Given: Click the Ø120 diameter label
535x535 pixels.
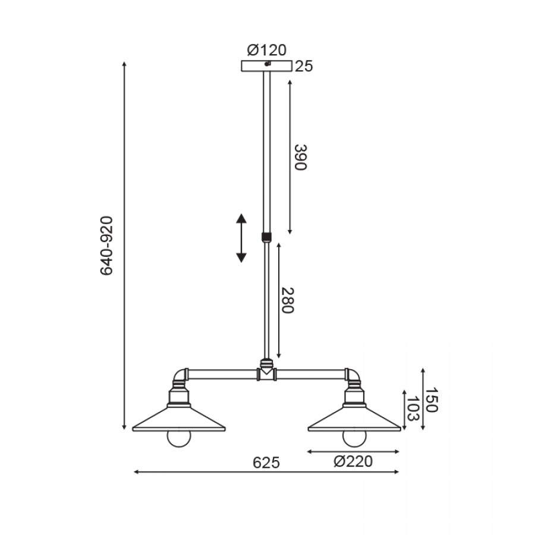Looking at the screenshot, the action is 266,50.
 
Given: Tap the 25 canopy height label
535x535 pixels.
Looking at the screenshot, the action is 304,66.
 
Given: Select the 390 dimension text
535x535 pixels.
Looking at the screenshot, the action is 301,158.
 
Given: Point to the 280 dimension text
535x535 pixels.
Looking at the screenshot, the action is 287,300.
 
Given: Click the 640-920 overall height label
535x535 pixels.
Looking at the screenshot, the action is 106,246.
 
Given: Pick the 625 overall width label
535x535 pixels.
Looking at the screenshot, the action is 266,462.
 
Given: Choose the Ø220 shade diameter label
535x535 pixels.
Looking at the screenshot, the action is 353,461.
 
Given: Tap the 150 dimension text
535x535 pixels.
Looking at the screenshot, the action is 432,399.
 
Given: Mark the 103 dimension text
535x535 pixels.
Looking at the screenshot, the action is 413,409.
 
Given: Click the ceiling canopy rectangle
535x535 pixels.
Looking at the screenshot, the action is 266,66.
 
